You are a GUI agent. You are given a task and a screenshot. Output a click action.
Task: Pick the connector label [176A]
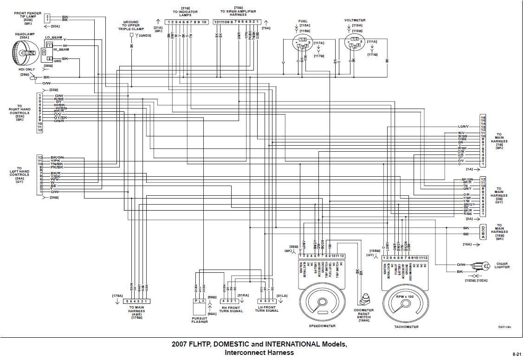coord(117,296)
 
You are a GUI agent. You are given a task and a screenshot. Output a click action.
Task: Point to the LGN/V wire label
coord(463,126)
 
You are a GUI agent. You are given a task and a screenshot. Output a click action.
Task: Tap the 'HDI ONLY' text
coord(26,69)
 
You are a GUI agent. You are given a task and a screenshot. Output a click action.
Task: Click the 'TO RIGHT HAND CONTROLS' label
coord(19,112)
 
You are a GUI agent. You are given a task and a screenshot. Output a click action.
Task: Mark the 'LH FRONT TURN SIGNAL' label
coord(266,309)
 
